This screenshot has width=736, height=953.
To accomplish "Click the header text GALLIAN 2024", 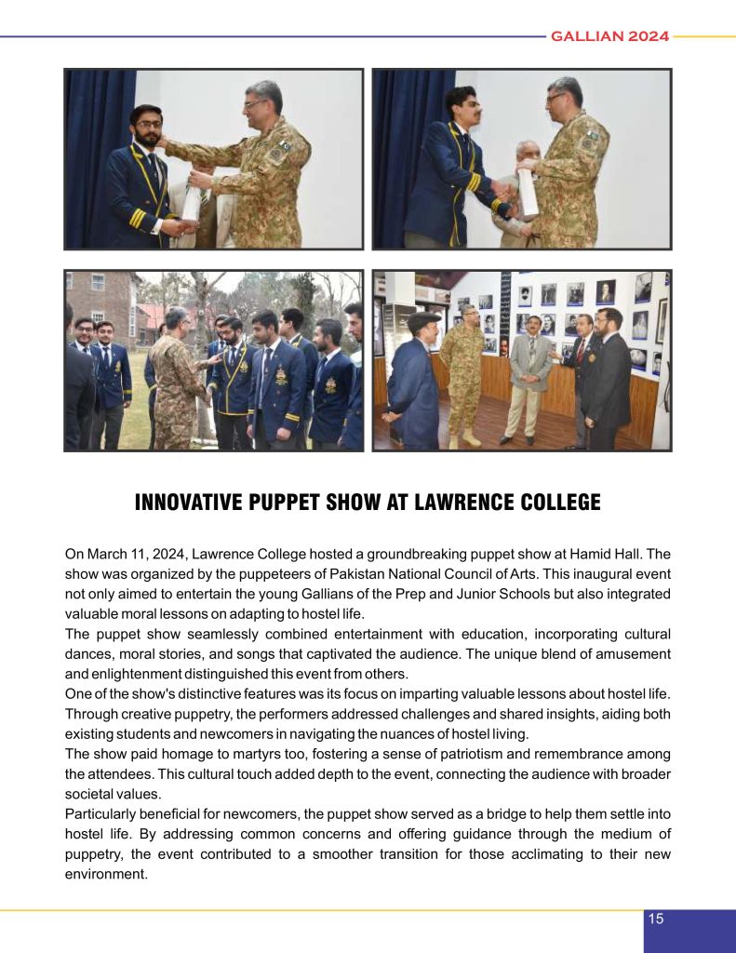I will [x=609, y=36].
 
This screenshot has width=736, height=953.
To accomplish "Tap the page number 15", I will [x=656, y=919].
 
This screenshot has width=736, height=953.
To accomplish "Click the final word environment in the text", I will [x=106, y=874].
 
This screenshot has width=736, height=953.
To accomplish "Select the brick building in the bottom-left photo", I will [x=100, y=302].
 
